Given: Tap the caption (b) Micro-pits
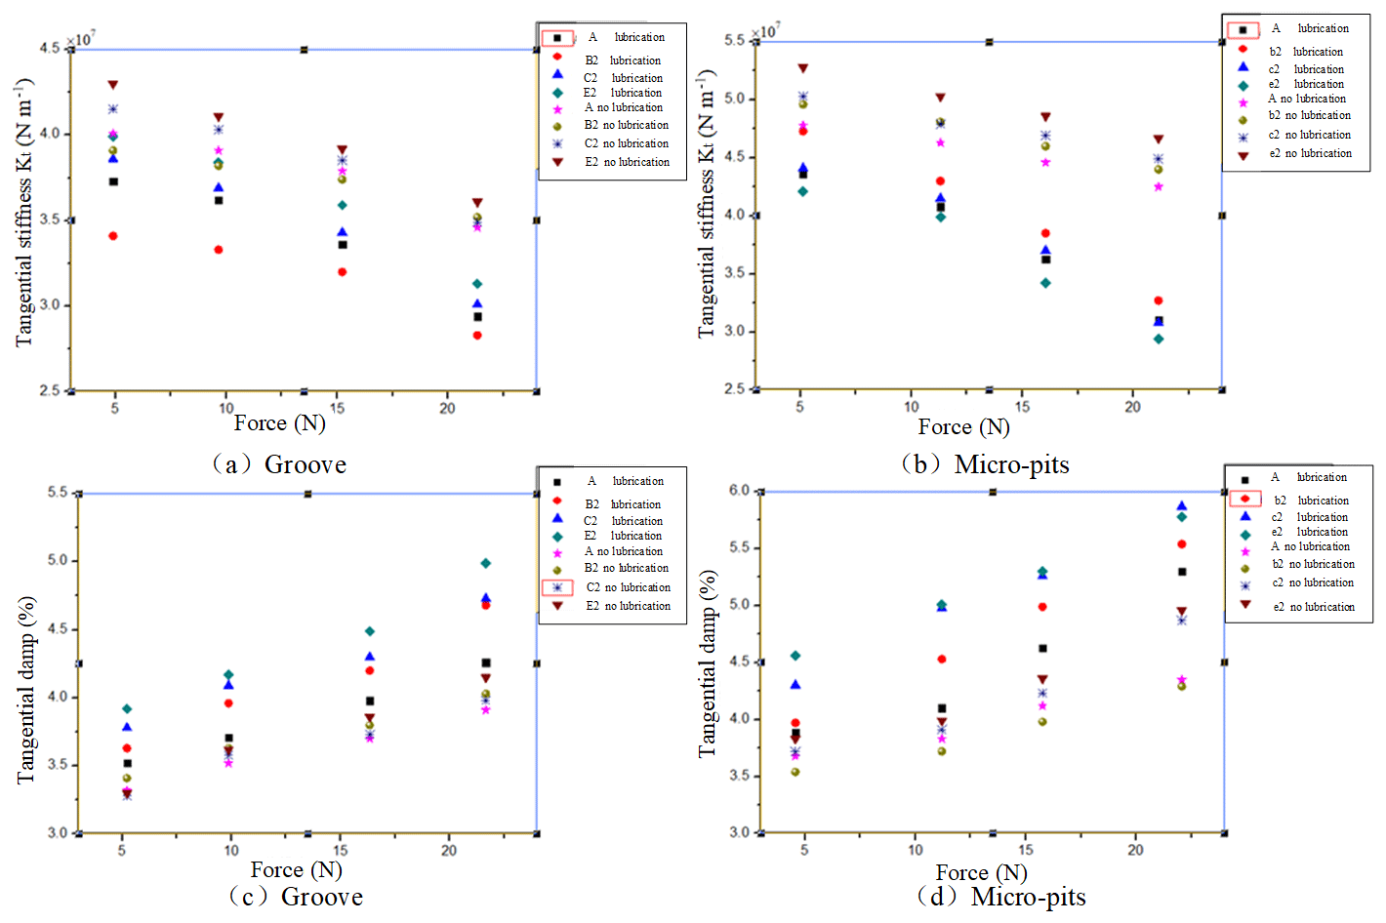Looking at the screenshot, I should (x=987, y=464).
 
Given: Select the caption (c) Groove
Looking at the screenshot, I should (x=297, y=897).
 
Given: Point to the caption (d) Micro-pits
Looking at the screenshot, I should (x=1002, y=897).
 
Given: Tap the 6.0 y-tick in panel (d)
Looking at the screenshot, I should (x=739, y=491).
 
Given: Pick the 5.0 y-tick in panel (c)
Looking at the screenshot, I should (x=58, y=560).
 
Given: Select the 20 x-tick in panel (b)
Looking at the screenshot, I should (x=1132, y=407).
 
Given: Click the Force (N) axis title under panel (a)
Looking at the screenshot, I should (x=279, y=423).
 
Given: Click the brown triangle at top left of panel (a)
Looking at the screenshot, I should (x=113, y=85).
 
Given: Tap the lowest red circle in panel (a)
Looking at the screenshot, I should (x=477, y=336).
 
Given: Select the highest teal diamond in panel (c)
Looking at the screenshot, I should (x=486, y=563).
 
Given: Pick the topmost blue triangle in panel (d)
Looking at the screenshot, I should (x=1182, y=505).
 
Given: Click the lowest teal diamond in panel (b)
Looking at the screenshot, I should (x=1159, y=340).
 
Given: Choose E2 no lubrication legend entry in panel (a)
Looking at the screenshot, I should (x=627, y=162).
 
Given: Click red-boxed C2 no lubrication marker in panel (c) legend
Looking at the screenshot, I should (x=557, y=587).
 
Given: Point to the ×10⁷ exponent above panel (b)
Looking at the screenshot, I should (x=766, y=31).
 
